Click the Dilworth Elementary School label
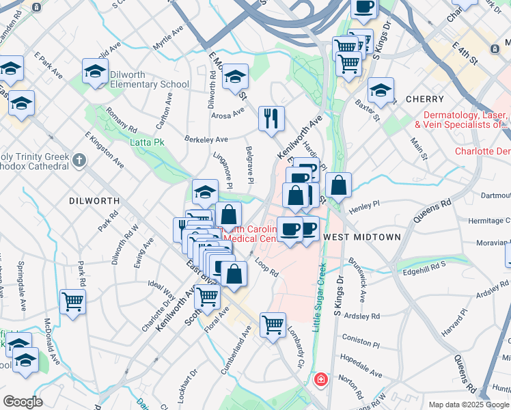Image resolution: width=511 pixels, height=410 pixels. [x=146, y=85]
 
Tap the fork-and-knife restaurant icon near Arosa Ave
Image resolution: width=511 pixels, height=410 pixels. [x=271, y=118]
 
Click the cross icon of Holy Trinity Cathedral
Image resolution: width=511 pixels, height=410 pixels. [x=79, y=161]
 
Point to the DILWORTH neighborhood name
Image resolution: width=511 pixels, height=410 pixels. [x=94, y=201]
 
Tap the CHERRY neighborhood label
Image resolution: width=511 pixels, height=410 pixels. [x=425, y=99]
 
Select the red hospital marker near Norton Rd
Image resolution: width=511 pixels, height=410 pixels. [x=320, y=379]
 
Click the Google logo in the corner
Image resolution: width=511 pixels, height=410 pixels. [x=23, y=402]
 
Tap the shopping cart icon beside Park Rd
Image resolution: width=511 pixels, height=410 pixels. [x=72, y=301]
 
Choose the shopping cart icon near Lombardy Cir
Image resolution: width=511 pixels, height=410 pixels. [x=273, y=325]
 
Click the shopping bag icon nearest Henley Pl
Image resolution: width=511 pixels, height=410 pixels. [x=338, y=184]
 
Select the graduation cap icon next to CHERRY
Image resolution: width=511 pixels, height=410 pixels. [x=381, y=90]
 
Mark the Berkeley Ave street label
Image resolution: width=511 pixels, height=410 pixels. [x=206, y=139]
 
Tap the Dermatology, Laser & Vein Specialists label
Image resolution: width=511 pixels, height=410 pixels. [x=466, y=120]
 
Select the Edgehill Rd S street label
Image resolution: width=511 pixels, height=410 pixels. [x=424, y=269]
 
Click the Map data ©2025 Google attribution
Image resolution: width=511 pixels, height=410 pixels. [x=469, y=405]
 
